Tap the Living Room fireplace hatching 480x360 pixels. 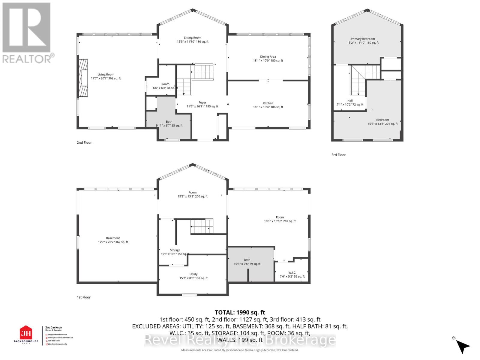point(83,78)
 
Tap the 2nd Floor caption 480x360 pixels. point(84,142)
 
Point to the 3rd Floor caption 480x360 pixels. point(338,155)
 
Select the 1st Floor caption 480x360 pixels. point(83,297)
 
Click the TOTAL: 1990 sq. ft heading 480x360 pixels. point(240,313)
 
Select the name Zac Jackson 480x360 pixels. point(54,328)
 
